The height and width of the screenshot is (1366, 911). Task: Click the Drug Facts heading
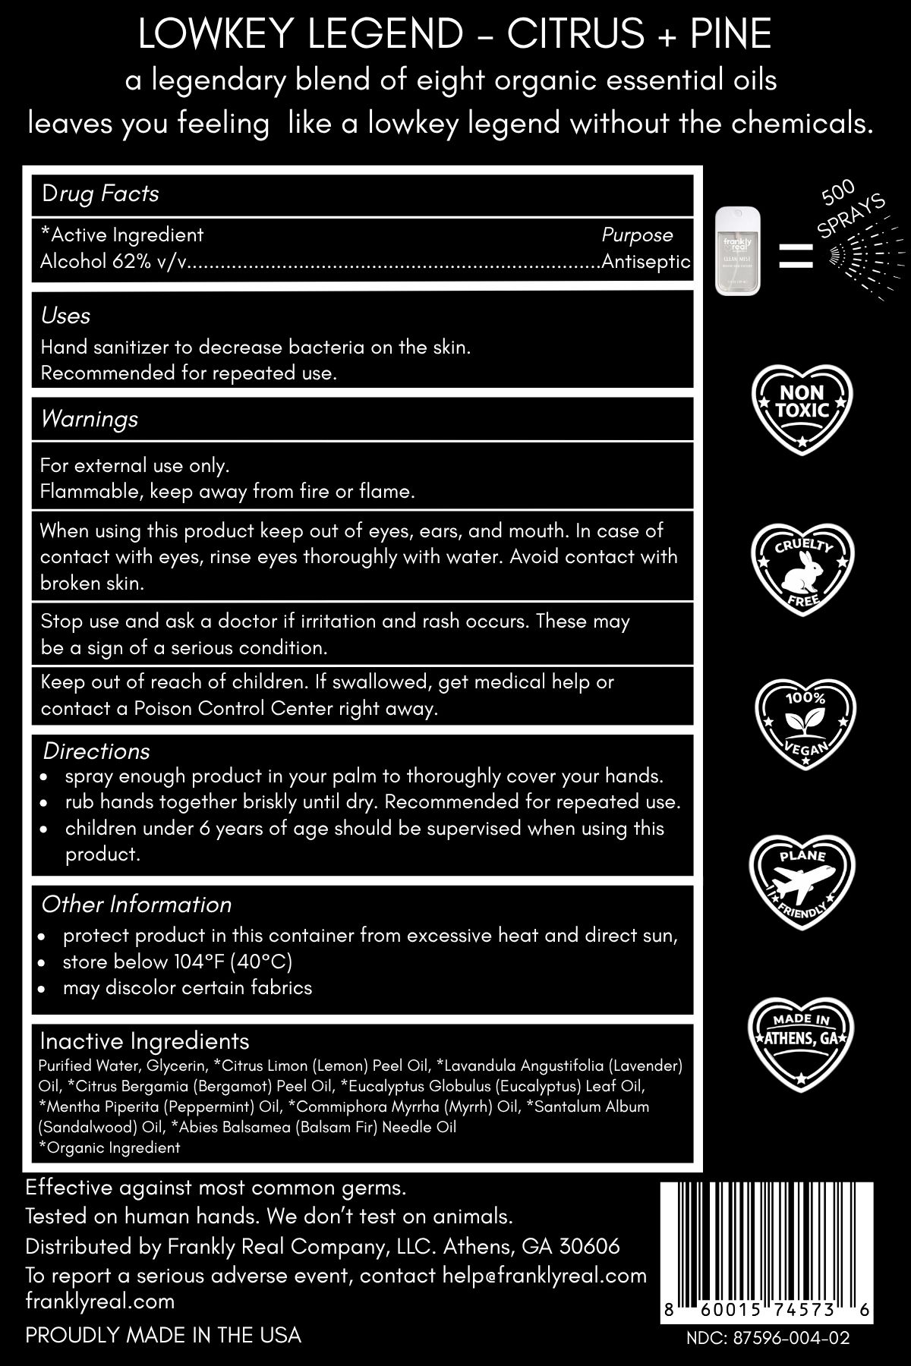pos(100,194)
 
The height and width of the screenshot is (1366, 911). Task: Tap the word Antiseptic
pos(646,262)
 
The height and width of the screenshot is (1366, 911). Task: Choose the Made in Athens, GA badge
pos(802,1037)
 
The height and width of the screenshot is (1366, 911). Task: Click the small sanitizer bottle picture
pos(736,253)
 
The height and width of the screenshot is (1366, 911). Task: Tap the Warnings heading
pos(90,419)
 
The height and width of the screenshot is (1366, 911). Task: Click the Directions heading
pos(96,751)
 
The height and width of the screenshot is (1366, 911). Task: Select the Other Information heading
pos(137,905)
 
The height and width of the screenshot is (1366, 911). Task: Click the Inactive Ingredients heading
pos(144,1040)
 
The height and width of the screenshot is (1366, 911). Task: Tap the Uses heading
pos(65,316)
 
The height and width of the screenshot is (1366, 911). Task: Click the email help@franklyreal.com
pos(544,1275)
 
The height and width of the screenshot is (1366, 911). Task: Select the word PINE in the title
pos(730,34)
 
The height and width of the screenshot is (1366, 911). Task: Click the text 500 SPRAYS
pos(851,208)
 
